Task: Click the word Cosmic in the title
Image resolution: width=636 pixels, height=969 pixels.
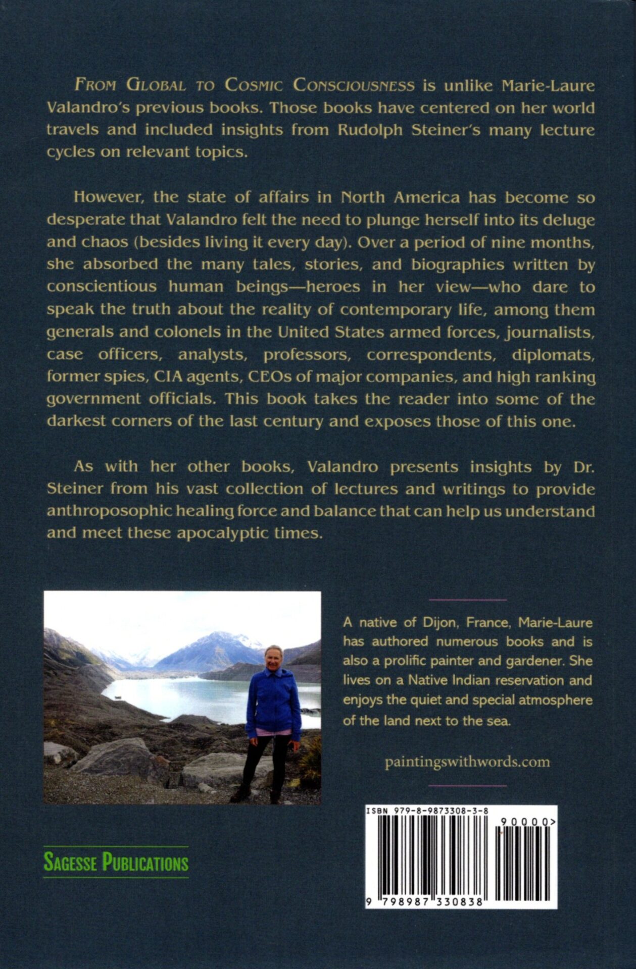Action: click(x=254, y=85)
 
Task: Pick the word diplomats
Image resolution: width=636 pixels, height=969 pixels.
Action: click(x=553, y=354)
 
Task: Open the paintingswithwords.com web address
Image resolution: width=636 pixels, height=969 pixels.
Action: click(x=467, y=762)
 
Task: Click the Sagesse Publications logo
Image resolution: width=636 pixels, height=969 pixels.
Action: click(x=116, y=862)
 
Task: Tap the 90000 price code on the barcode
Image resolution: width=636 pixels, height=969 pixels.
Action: click(x=525, y=822)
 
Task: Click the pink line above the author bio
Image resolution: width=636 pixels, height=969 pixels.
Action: click(x=467, y=600)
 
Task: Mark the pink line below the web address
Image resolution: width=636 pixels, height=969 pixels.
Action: click(x=467, y=786)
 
